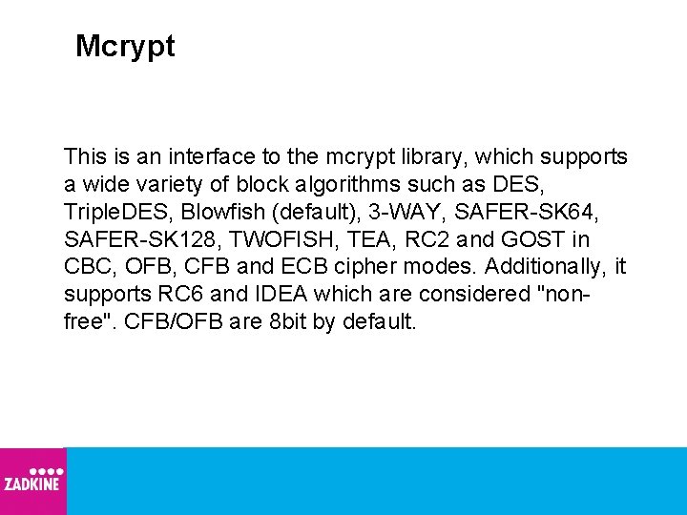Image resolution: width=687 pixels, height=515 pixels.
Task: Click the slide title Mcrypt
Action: click(x=125, y=47)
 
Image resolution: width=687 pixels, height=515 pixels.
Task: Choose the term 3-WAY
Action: click(x=390, y=211)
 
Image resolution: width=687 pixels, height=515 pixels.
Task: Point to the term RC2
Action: click(x=421, y=238)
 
